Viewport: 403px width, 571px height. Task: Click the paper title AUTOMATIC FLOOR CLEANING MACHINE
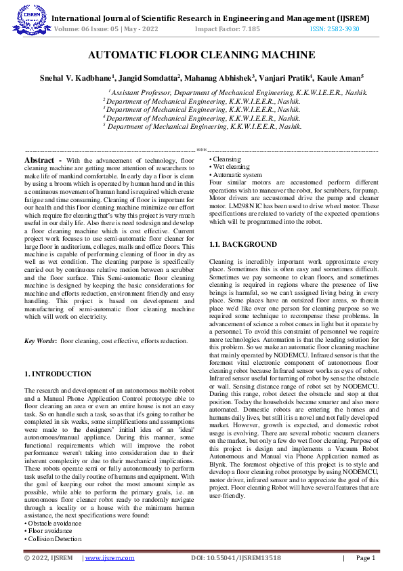click(201, 55)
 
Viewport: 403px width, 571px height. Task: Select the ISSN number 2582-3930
click(344, 29)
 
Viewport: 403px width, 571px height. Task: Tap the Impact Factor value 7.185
click(247, 29)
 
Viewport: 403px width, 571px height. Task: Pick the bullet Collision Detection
click(54, 538)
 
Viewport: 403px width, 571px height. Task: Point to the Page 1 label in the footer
click(364, 557)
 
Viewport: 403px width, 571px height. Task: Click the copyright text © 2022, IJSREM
click(48, 557)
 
